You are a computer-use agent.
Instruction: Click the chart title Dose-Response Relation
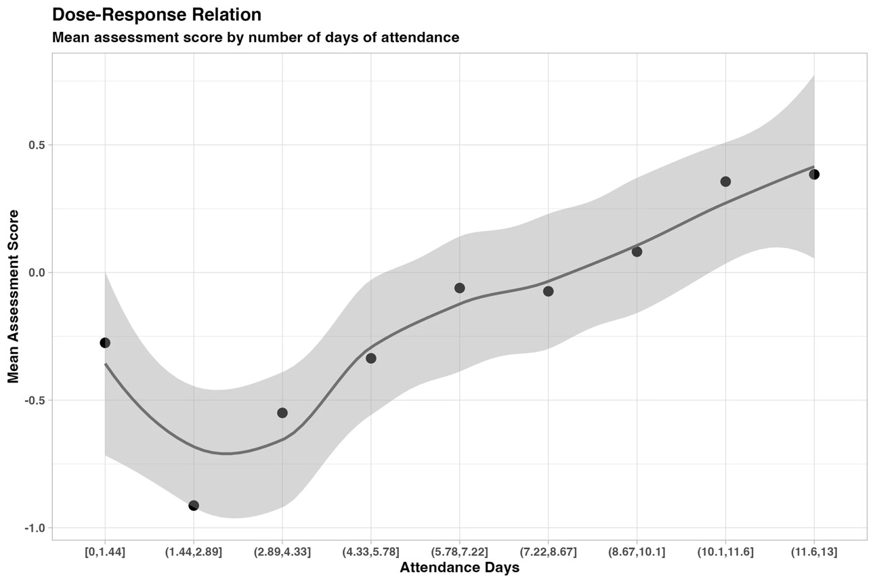[156, 14]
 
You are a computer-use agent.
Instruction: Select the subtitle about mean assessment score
[255, 38]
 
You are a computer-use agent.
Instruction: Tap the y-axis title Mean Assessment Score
[14, 296]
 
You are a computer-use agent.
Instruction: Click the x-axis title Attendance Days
[459, 568]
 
